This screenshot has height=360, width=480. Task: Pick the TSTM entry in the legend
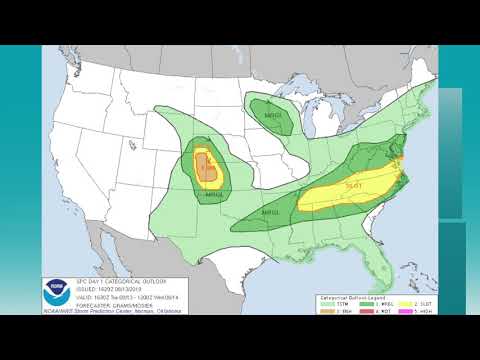(x=336, y=302)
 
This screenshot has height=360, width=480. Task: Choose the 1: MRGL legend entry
(x=368, y=302)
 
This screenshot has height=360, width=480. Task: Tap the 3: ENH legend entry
(x=336, y=310)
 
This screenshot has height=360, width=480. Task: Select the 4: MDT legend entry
(x=368, y=310)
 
